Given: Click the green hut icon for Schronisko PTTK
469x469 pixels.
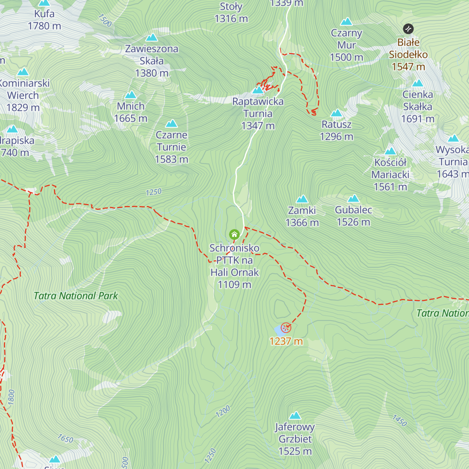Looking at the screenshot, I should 234,234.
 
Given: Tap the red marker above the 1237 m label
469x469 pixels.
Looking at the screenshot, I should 286,328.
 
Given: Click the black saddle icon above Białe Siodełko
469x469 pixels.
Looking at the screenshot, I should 408,29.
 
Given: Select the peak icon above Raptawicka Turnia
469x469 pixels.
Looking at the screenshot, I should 258,90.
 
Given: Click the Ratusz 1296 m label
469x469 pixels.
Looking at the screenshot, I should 337,131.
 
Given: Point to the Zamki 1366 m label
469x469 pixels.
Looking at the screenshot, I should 302,216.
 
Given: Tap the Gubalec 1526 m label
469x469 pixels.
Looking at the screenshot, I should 353,216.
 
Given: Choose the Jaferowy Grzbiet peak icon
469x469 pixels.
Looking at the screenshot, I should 295,415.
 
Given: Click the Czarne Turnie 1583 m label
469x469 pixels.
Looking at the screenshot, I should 172,147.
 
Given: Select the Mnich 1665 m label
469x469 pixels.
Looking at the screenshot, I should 131,112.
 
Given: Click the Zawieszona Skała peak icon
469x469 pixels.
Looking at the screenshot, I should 151,38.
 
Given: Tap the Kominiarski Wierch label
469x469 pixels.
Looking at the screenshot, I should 23,95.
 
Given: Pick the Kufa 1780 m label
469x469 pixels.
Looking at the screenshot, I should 44,20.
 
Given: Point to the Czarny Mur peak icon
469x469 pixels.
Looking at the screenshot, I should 346,21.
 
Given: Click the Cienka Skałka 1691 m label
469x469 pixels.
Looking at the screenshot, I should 418,106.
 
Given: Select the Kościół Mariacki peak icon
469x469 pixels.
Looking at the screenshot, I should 390,151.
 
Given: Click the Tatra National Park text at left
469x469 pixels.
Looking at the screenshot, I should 75,296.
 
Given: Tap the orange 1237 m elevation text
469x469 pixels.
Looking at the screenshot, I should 286,341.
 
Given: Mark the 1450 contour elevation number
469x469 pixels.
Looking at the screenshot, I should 399,421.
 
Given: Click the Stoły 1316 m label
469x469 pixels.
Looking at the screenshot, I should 231,12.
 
